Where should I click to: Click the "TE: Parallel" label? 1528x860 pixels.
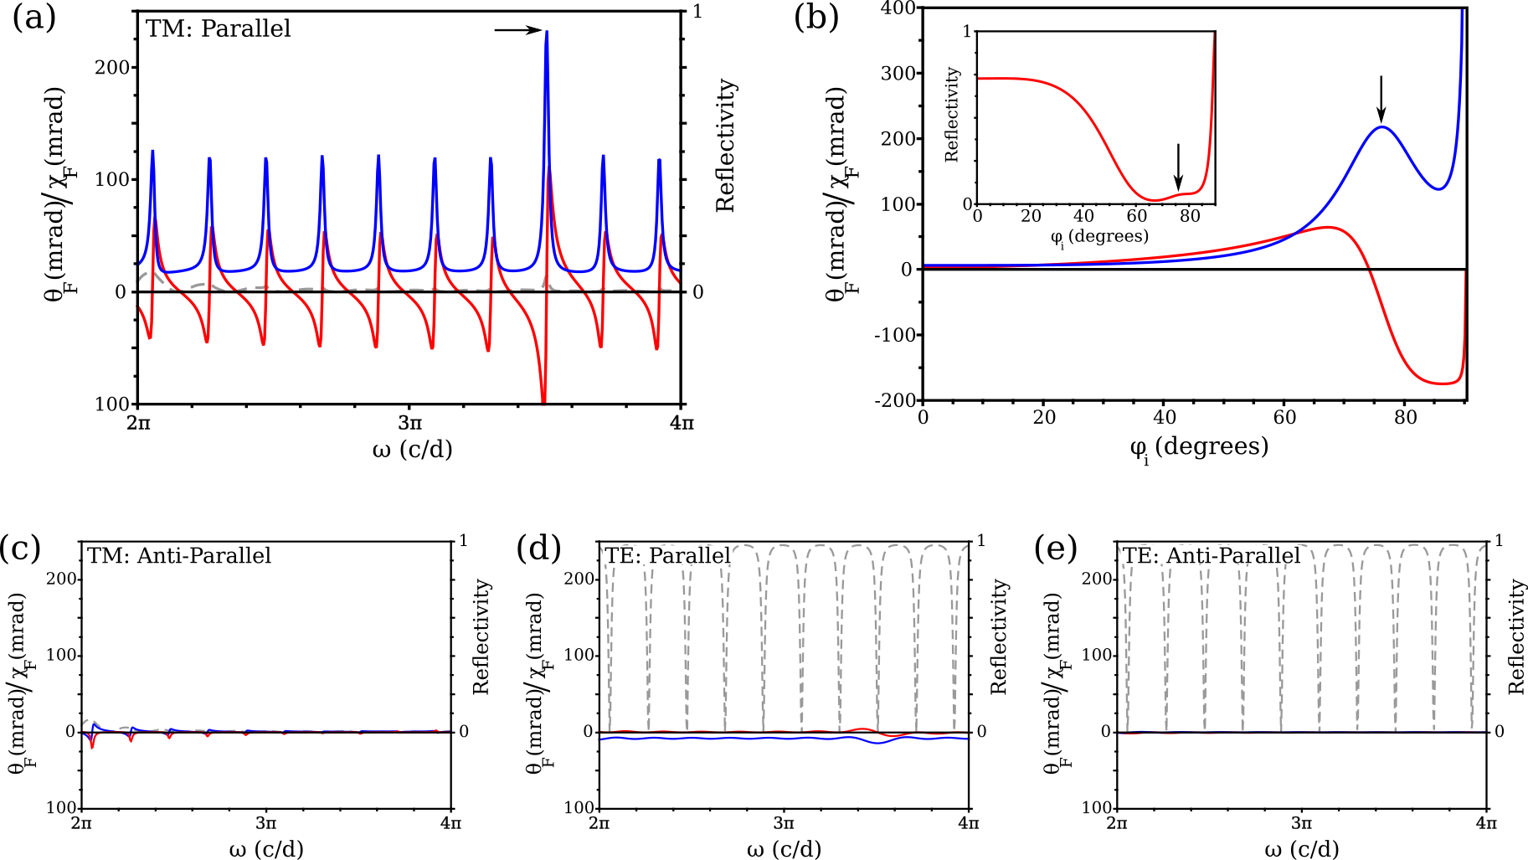pyautogui.click(x=667, y=555)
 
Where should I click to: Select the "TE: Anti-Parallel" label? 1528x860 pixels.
pyautogui.click(x=1211, y=555)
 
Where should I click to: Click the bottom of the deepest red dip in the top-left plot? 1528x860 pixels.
pyautogui.click(x=544, y=402)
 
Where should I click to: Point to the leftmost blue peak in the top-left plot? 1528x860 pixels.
pyautogui.click(x=152, y=152)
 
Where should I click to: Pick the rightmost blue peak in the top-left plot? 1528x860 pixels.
pyautogui.click(x=659, y=160)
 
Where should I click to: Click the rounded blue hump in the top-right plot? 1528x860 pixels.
pyautogui.click(x=1381, y=127)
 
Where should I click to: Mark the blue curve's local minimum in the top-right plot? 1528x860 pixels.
pyautogui.click(x=1438, y=188)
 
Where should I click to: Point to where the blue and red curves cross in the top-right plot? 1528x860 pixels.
pyautogui.click(x=1299, y=230)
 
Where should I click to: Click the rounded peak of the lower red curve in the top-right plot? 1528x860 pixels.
pyautogui.click(x=1329, y=227)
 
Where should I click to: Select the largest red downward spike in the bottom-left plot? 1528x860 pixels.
pyautogui.click(x=92, y=747)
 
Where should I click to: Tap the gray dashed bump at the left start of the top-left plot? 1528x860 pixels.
pyautogui.click(x=148, y=273)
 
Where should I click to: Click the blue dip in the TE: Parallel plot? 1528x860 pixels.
pyautogui.click(x=877, y=743)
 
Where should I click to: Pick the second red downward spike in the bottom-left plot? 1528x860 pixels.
pyautogui.click(x=131, y=741)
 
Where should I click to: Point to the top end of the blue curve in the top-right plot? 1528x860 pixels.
pyautogui.click(x=1463, y=12)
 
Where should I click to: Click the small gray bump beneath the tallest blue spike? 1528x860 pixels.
pyautogui.click(x=546, y=279)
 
